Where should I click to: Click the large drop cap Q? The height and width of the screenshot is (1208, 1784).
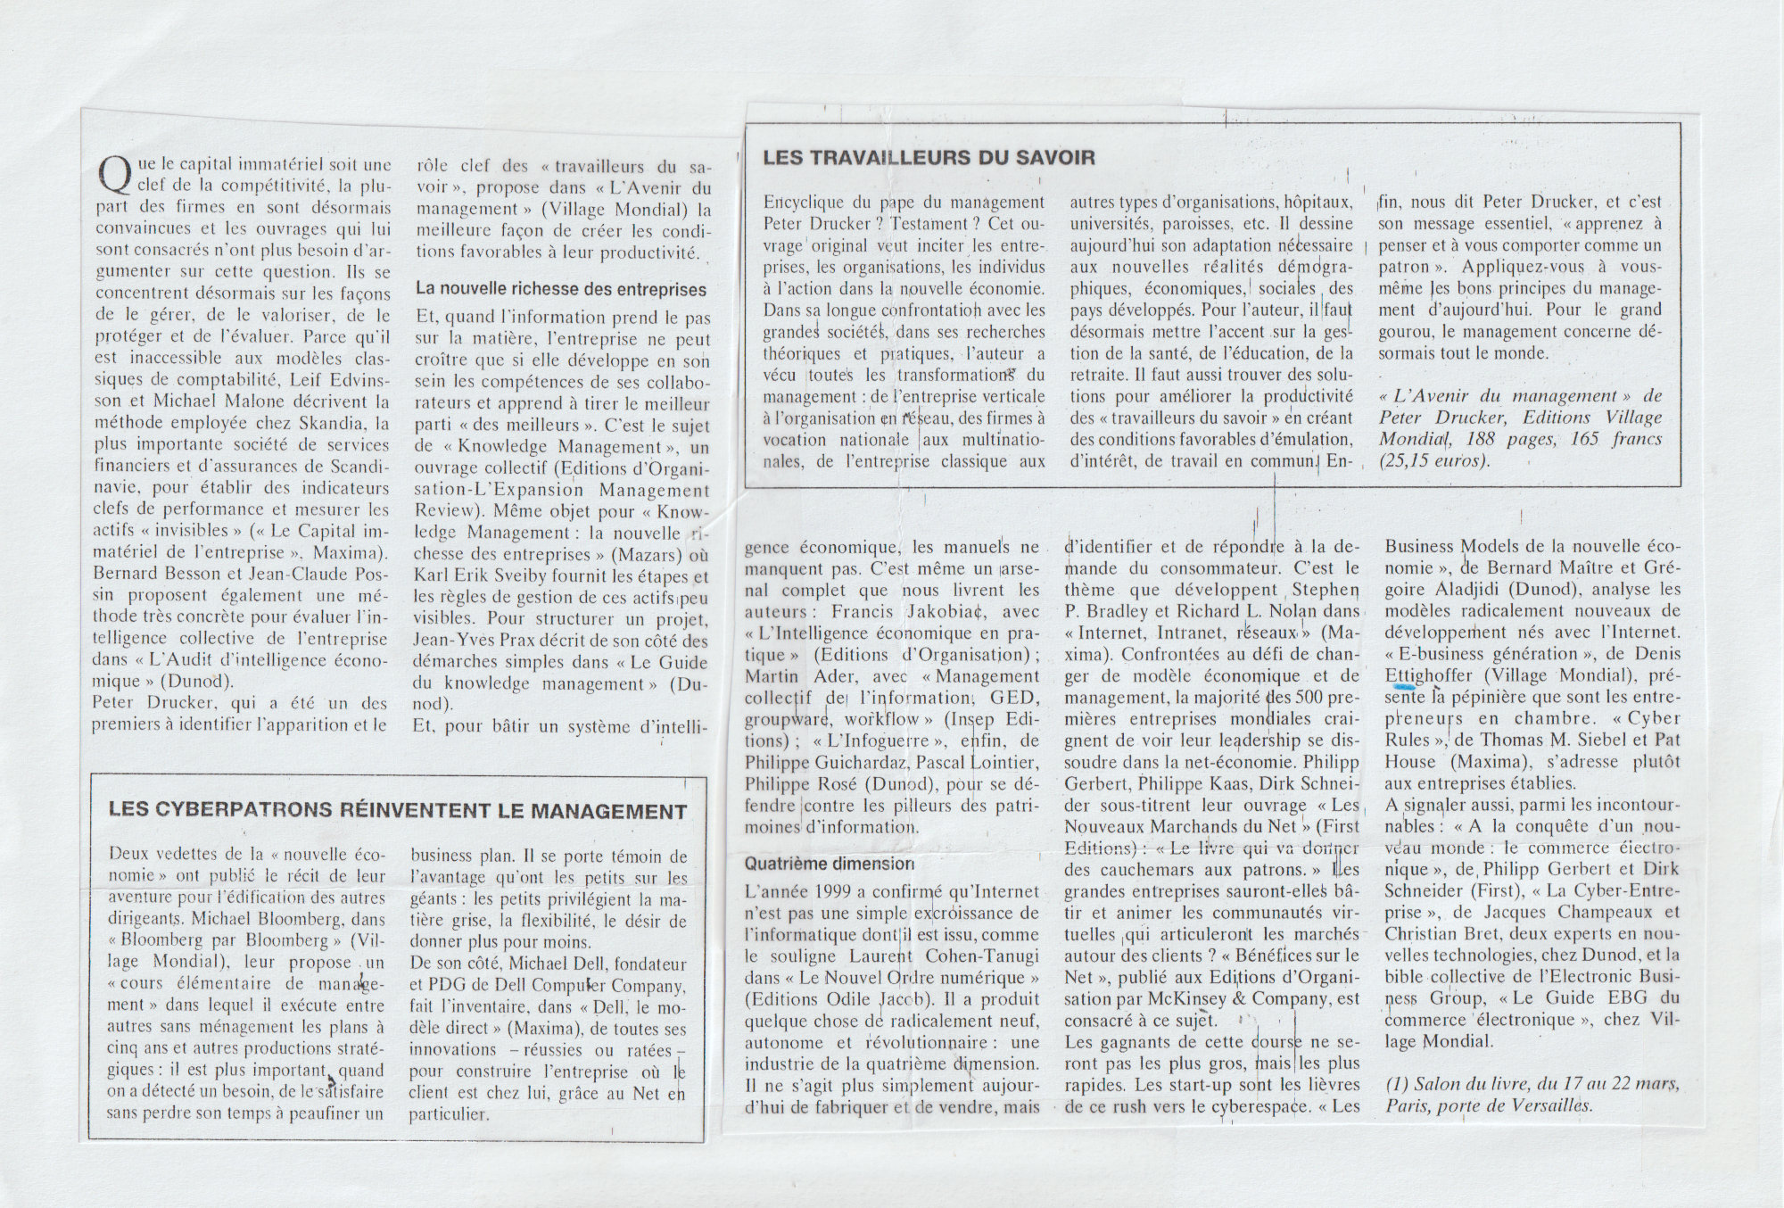click(112, 175)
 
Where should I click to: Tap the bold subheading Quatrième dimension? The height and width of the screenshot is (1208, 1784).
click(829, 864)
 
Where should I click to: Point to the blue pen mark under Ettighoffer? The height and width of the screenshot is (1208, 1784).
click(1404, 687)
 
